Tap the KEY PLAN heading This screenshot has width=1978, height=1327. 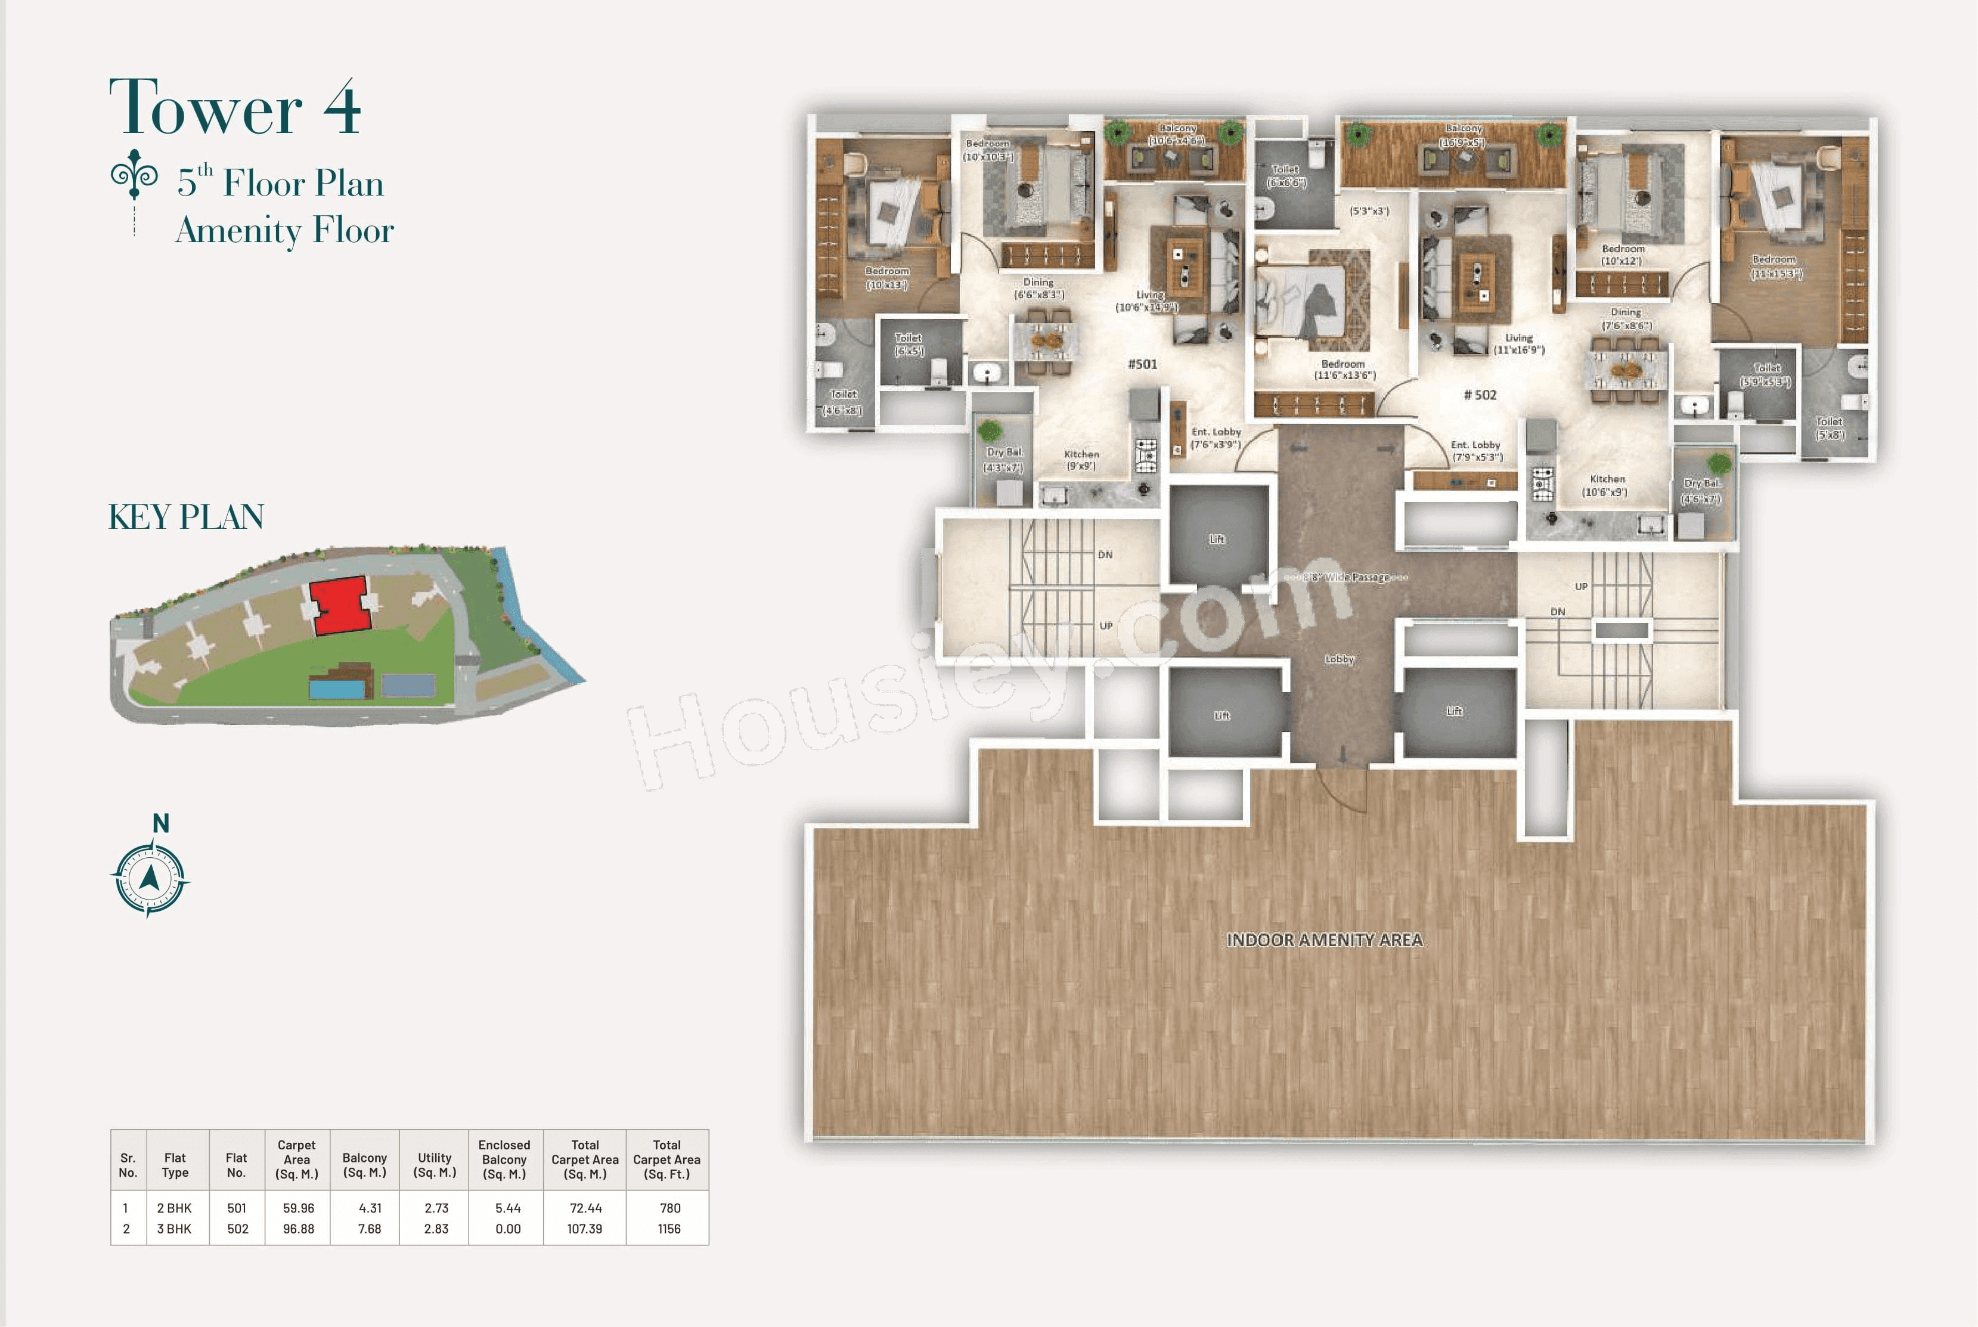pyautogui.click(x=186, y=517)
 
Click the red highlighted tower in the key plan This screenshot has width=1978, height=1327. pyautogui.click(x=340, y=604)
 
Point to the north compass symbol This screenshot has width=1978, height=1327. pyautogui.click(x=150, y=878)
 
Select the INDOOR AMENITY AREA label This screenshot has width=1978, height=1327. pyautogui.click(x=1325, y=940)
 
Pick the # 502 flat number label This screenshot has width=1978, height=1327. pyautogui.click(x=1480, y=395)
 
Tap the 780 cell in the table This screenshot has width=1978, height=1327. pyautogui.click(x=669, y=1208)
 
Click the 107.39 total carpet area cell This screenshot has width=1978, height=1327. pyautogui.click(x=585, y=1229)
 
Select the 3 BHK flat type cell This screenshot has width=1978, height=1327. pyautogui.click(x=174, y=1229)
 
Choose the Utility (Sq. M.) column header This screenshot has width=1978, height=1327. pyautogui.click(x=435, y=1164)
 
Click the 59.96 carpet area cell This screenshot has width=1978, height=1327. pyautogui.click(x=298, y=1208)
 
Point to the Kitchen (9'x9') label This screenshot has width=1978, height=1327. pyautogui.click(x=1081, y=460)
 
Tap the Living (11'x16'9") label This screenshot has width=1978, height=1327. pyautogui.click(x=1518, y=343)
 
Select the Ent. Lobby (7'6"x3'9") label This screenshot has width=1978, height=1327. pyautogui.click(x=1216, y=438)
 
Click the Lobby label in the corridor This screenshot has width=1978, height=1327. pyautogui.click(x=1339, y=659)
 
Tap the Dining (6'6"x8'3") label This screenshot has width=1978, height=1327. pyautogui.click(x=1038, y=289)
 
